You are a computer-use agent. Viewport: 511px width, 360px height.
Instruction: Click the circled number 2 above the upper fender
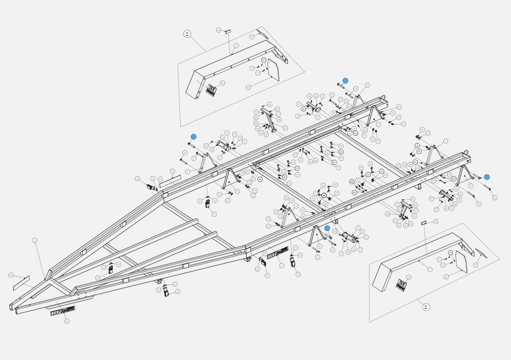tap(187, 34)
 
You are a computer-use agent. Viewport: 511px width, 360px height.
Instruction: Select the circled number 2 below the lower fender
tap(426, 307)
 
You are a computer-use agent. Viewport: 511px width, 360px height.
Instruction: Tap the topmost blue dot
tap(345, 81)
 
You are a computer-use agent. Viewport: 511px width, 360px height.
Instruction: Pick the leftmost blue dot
tap(194, 137)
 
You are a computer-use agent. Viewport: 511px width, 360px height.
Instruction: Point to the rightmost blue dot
tap(487, 177)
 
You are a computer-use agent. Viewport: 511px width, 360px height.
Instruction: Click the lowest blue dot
tap(327, 228)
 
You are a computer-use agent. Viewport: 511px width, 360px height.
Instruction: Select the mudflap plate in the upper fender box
tap(273, 70)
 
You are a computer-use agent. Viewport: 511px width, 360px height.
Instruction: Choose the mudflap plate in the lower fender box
tap(461, 261)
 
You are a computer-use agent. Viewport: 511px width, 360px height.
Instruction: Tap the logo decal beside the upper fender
tap(211, 90)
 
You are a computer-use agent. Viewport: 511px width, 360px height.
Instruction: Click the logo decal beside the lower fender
tap(401, 284)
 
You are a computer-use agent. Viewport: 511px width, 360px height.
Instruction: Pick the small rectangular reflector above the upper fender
tap(227, 31)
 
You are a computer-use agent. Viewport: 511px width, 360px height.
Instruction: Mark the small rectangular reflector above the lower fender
tap(424, 223)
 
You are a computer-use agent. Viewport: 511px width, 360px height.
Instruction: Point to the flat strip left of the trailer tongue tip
tap(21, 283)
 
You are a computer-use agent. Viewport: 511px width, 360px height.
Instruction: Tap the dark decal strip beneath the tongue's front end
tap(63, 311)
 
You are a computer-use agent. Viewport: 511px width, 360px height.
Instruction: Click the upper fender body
tap(231, 64)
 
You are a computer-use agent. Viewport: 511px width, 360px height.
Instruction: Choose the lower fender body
tap(418, 256)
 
